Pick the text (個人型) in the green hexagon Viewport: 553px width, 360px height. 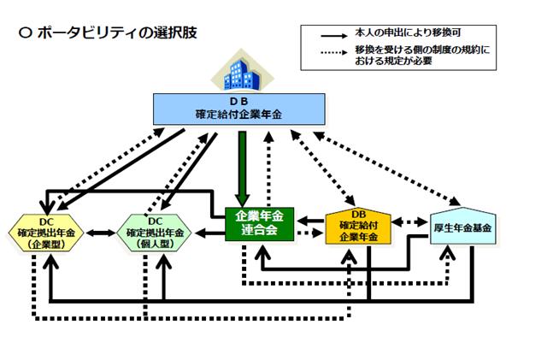156,244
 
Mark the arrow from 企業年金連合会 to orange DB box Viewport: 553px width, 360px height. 309,231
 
